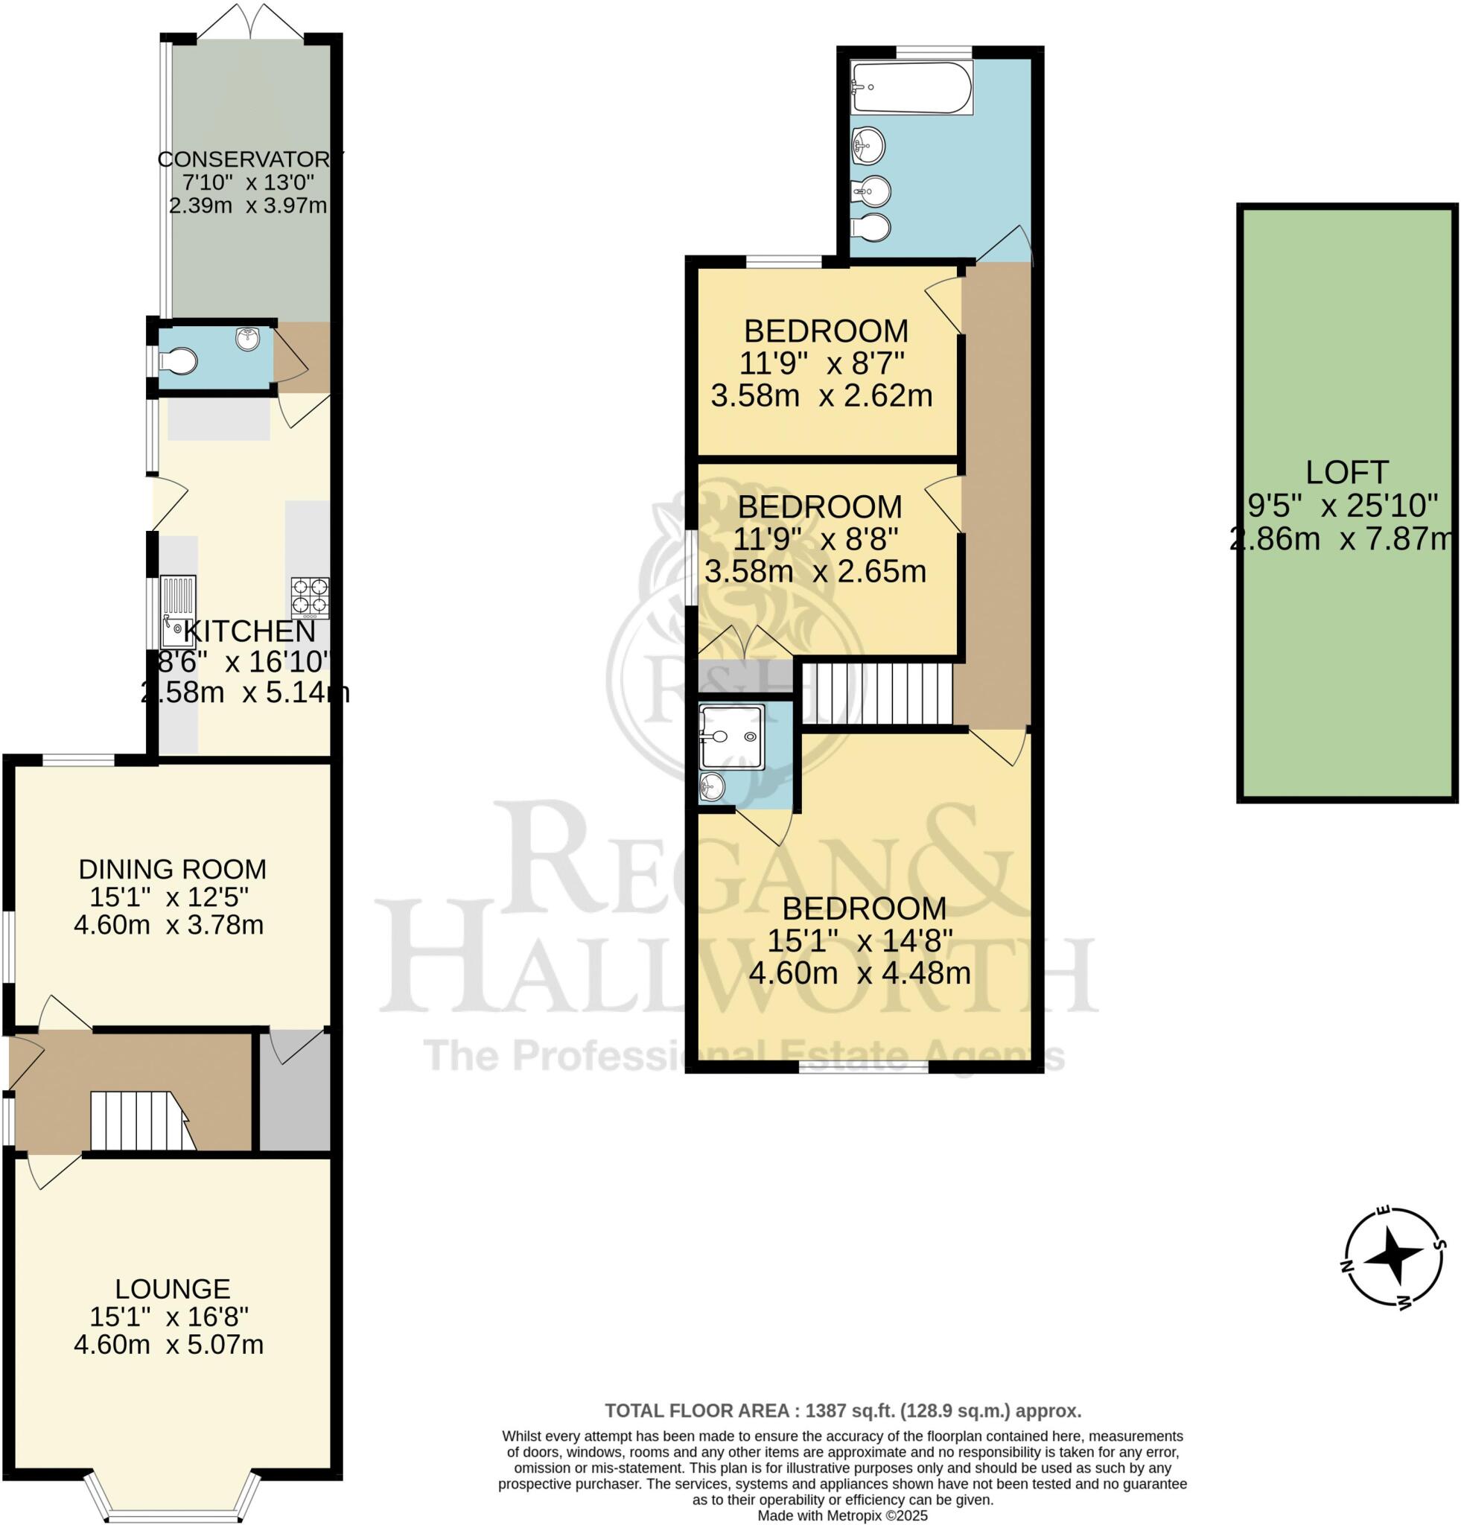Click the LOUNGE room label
coord(172,1288)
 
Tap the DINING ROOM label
coord(172,868)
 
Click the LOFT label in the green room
coord(1346,472)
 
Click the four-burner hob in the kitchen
coord(310,596)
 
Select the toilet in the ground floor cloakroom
coord(179,361)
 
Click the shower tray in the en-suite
coord(731,736)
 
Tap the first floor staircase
coord(877,693)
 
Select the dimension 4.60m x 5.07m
coord(169,1345)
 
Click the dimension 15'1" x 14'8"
coord(859,941)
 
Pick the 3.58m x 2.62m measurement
coord(821,396)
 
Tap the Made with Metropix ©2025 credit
coord(842,1515)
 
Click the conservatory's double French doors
coord(249,22)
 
